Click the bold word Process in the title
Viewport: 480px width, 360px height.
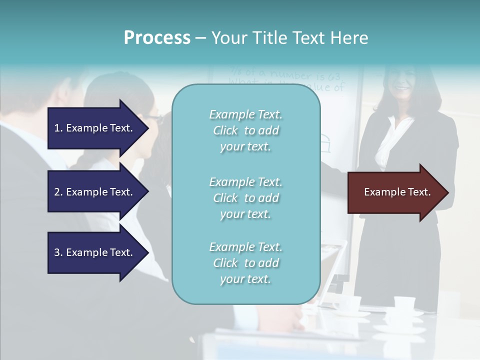[157, 38]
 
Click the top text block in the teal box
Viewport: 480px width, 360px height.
[245, 130]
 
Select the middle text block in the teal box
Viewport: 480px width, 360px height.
[245, 198]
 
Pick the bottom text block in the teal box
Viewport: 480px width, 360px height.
[245, 263]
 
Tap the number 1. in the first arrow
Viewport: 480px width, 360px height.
[58, 128]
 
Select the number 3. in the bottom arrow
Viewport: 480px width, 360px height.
[58, 252]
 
